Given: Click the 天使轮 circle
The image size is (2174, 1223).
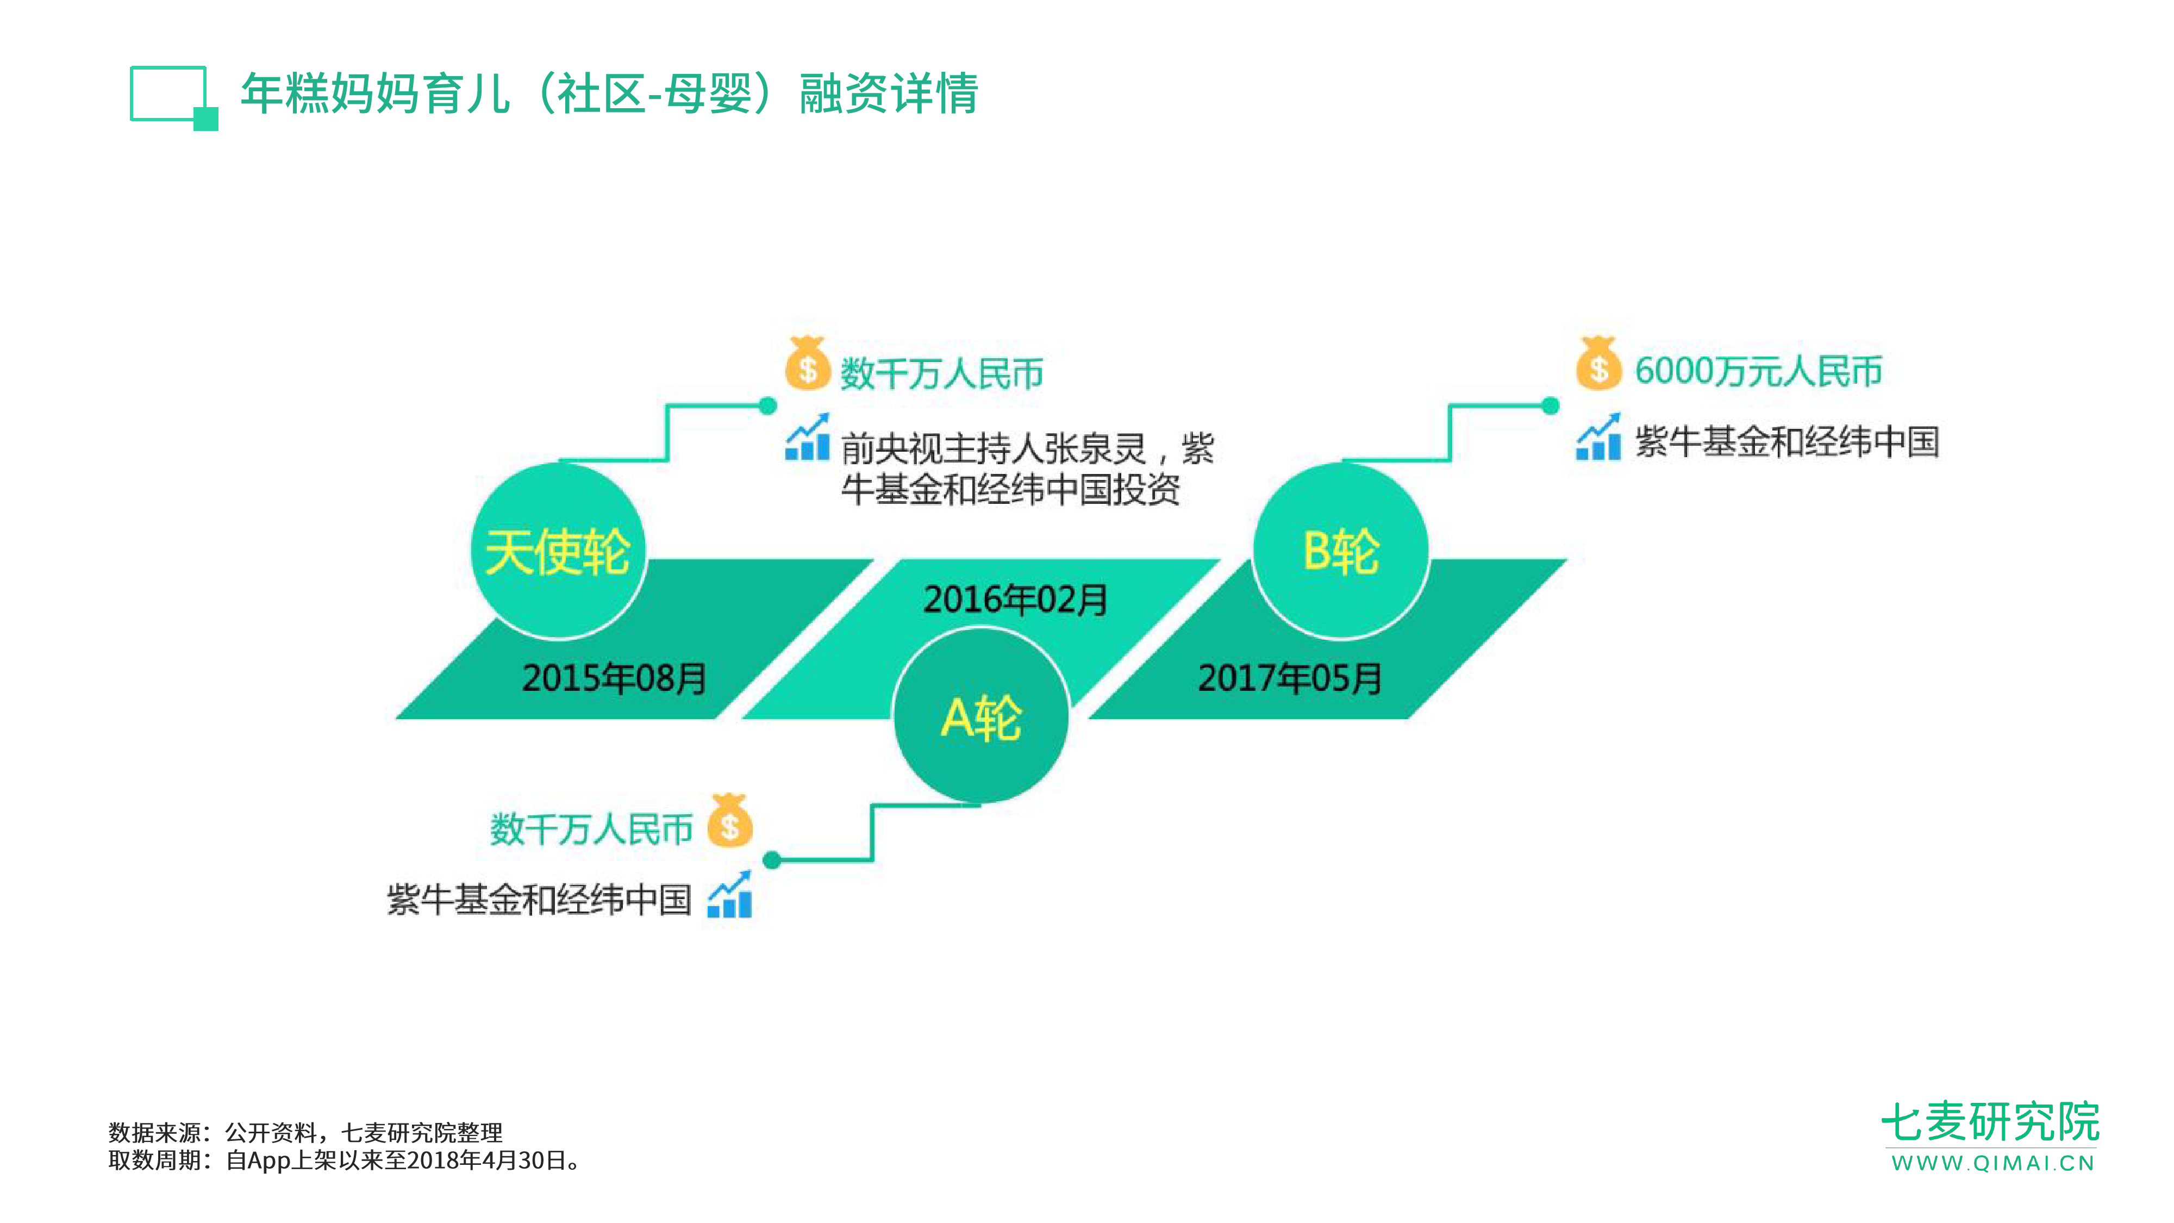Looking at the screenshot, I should pos(558,551).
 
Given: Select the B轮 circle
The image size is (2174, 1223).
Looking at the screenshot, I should pos(1341,551).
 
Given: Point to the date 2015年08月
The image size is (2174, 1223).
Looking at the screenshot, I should pos(614,678).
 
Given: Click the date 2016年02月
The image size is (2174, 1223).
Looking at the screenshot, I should pos(1015,599).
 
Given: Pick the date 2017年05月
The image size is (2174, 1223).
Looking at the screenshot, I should pos(1290,678).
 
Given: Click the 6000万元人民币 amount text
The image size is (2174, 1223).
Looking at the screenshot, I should pos(1758,371).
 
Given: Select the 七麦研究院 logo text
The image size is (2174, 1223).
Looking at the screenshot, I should pos(1990,1122).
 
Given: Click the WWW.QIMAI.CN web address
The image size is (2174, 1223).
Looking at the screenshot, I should pos(1992,1163).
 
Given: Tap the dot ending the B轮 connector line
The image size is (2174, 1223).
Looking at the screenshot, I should pos(1550,406).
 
